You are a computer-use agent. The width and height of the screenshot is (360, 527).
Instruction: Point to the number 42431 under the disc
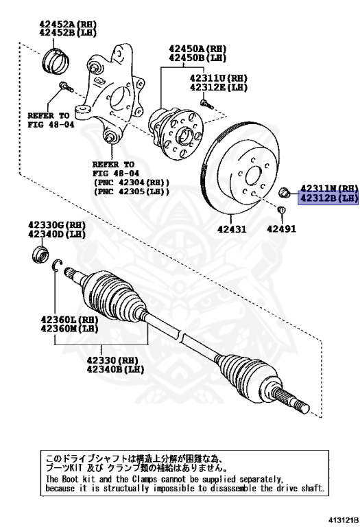(x=231, y=229)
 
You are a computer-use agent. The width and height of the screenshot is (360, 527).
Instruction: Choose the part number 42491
(x=282, y=229)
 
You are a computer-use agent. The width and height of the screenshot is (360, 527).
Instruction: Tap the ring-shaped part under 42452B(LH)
(x=55, y=60)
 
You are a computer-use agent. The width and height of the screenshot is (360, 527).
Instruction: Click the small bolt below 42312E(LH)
(x=205, y=104)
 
